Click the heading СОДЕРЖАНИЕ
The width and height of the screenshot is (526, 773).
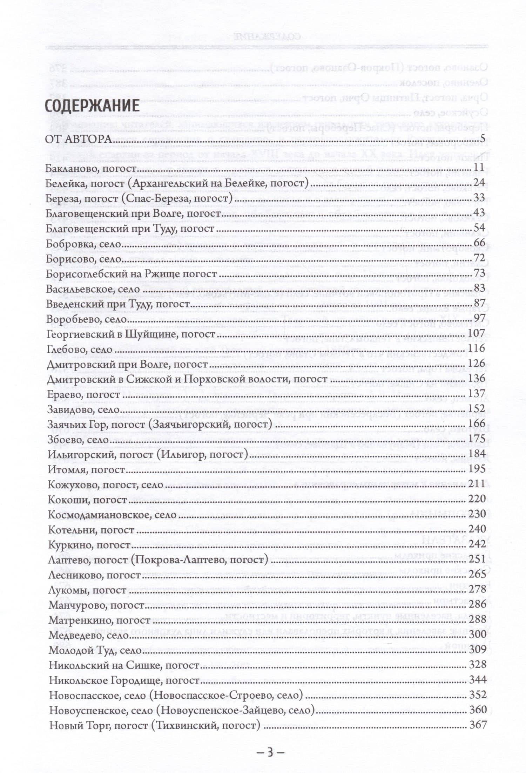(92, 106)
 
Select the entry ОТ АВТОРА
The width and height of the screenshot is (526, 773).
(78, 139)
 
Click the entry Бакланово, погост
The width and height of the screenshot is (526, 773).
(90, 169)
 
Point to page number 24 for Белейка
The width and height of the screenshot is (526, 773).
(479, 182)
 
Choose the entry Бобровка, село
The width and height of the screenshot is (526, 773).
(83, 244)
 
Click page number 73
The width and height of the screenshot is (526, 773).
(479, 273)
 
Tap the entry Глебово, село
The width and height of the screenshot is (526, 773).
(79, 350)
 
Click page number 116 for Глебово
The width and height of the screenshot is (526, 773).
(477, 348)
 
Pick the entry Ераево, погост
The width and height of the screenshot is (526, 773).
(83, 395)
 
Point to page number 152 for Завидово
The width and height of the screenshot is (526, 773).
(477, 408)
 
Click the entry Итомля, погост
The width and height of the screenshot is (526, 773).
(86, 470)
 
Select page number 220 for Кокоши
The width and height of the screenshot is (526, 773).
(477, 499)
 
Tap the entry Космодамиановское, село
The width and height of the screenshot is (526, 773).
(112, 515)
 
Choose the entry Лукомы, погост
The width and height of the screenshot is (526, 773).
(87, 590)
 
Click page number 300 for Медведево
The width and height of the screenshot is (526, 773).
(478, 634)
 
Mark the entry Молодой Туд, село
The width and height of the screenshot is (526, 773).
(95, 650)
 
